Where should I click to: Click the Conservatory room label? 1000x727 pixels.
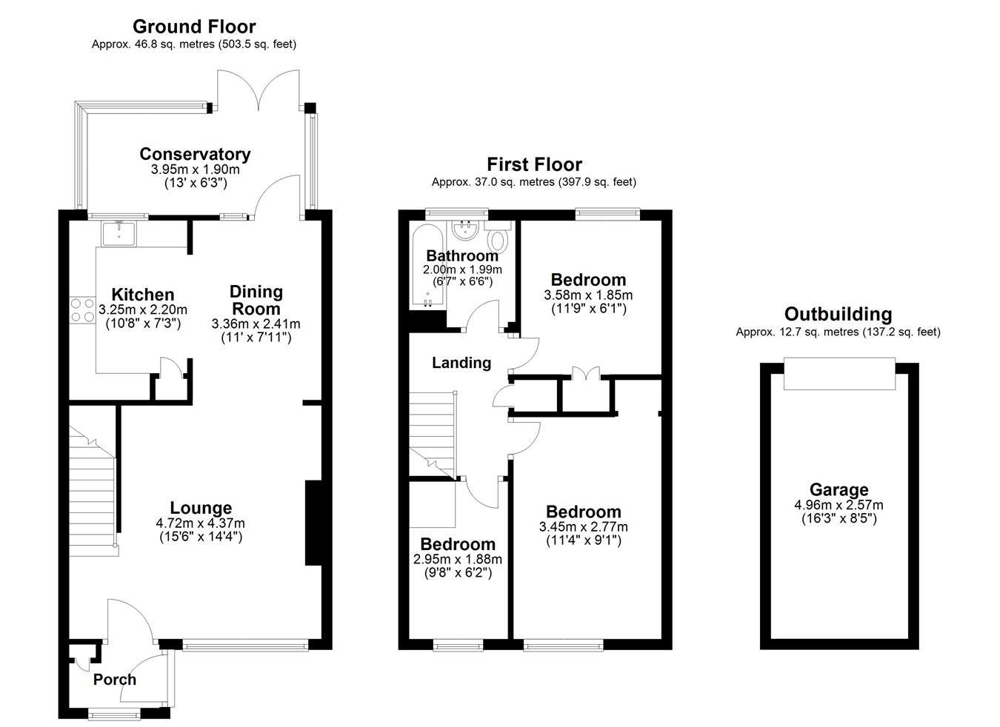195,154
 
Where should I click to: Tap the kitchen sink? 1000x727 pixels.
119,233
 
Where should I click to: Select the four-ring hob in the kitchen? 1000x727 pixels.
83,310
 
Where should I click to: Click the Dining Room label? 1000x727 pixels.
256,300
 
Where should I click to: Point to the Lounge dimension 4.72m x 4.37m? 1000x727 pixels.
201,523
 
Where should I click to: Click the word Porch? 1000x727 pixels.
115,679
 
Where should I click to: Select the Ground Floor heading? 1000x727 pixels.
194,27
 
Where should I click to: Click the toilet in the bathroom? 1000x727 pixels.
497,236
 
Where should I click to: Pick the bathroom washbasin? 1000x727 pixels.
465,230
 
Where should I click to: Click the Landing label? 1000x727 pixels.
461,363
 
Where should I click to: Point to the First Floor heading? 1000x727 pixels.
534,164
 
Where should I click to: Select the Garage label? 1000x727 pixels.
839,489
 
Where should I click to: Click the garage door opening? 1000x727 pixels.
840,374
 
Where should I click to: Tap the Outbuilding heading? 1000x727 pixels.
839,314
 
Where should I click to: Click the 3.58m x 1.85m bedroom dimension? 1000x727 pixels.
588,295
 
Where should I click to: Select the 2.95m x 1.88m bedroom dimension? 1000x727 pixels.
458,559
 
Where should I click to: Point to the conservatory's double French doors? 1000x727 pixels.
259,90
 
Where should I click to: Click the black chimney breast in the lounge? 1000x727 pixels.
313,523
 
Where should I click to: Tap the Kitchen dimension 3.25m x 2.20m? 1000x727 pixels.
143,309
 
